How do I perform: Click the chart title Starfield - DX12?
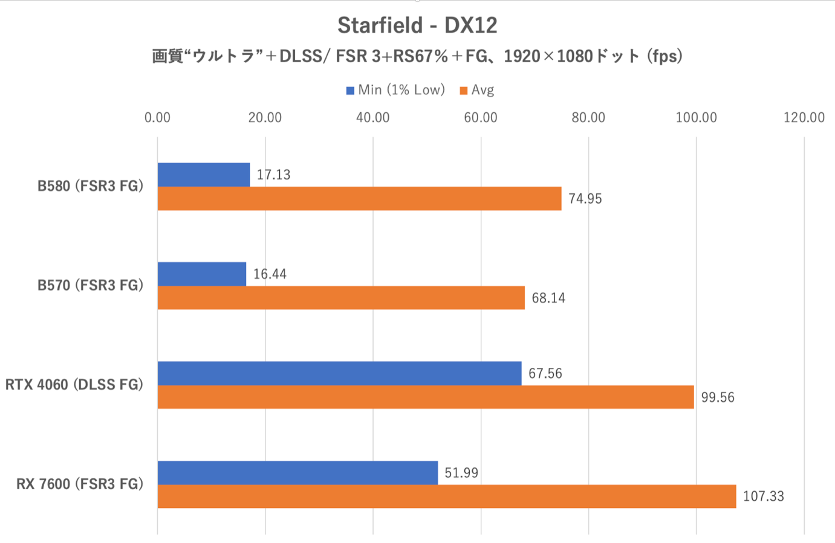point(417,25)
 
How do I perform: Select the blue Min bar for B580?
point(204,175)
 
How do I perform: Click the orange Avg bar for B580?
point(359,199)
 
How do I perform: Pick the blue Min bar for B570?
point(202,274)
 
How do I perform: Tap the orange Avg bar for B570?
point(341,298)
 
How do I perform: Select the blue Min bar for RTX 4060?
point(339,373)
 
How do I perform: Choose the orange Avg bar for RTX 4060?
point(426,397)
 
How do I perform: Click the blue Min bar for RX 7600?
point(297,472)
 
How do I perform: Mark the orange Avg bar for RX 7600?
point(447,496)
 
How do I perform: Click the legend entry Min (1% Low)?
point(395,90)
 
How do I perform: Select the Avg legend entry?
point(477,90)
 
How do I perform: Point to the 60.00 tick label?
point(481,117)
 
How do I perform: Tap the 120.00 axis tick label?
point(804,117)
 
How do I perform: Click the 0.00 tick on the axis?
point(157,117)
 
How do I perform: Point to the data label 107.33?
point(763,496)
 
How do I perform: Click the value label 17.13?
point(273,175)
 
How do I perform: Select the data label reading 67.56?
point(545,373)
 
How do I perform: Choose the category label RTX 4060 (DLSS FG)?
point(74,385)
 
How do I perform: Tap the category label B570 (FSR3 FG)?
point(91,285)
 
